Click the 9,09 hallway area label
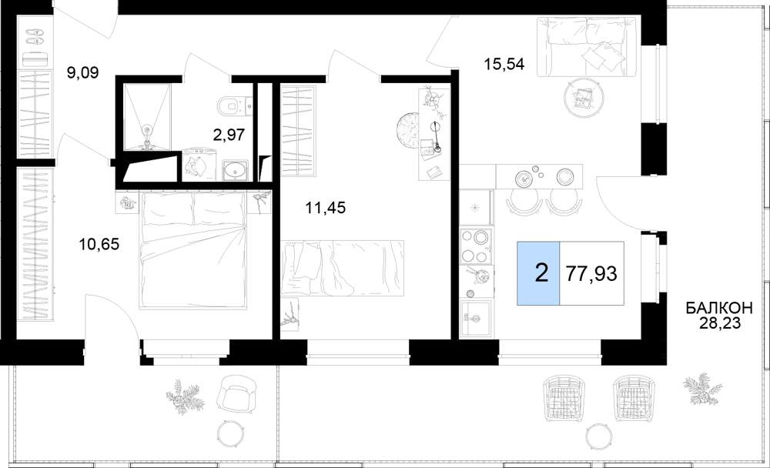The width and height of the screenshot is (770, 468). pyautogui.click(x=83, y=73)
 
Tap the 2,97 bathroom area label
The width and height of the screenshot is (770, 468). pyautogui.click(x=229, y=134)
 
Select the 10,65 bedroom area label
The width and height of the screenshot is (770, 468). pyautogui.click(x=99, y=243)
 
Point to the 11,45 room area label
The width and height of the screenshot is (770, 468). pyautogui.click(x=325, y=208)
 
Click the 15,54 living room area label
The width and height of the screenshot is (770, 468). pyautogui.click(x=504, y=64)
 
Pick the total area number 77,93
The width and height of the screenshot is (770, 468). pyautogui.click(x=591, y=273)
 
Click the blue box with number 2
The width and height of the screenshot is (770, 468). pyautogui.click(x=538, y=273)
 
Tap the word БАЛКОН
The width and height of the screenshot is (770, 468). pyautogui.click(x=719, y=309)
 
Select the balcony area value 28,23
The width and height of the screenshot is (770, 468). pyautogui.click(x=719, y=323)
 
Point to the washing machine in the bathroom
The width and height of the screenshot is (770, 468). pyautogui.click(x=199, y=165)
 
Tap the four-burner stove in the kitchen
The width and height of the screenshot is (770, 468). pyautogui.click(x=475, y=246)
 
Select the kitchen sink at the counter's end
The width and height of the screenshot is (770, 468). pyautogui.click(x=476, y=317)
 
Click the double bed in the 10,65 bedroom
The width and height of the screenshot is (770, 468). pyautogui.click(x=192, y=250)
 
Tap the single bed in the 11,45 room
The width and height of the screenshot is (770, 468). pyautogui.click(x=343, y=268)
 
